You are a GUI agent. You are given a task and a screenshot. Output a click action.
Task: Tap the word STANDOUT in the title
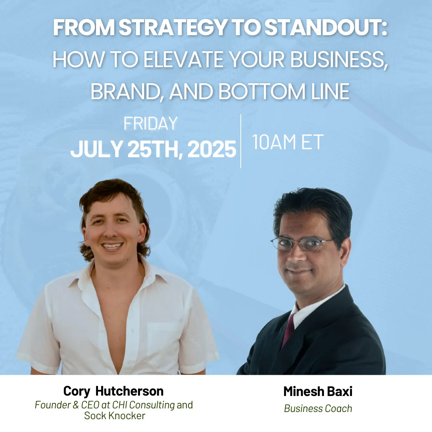(323, 28)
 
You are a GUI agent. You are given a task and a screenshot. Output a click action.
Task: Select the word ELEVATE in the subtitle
(183, 59)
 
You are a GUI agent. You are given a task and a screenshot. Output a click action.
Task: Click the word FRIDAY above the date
(150, 123)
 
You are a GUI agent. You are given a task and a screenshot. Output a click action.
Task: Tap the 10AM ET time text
(288, 142)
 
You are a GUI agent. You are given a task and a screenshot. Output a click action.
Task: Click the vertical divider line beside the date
(241, 141)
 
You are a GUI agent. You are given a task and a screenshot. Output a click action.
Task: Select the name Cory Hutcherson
(114, 391)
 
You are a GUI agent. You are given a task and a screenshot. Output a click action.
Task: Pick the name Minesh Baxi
(318, 391)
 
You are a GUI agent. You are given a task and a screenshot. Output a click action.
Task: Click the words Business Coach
(318, 408)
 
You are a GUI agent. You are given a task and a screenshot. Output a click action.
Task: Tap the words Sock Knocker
(115, 416)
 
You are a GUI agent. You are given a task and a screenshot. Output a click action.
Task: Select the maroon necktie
(288, 329)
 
